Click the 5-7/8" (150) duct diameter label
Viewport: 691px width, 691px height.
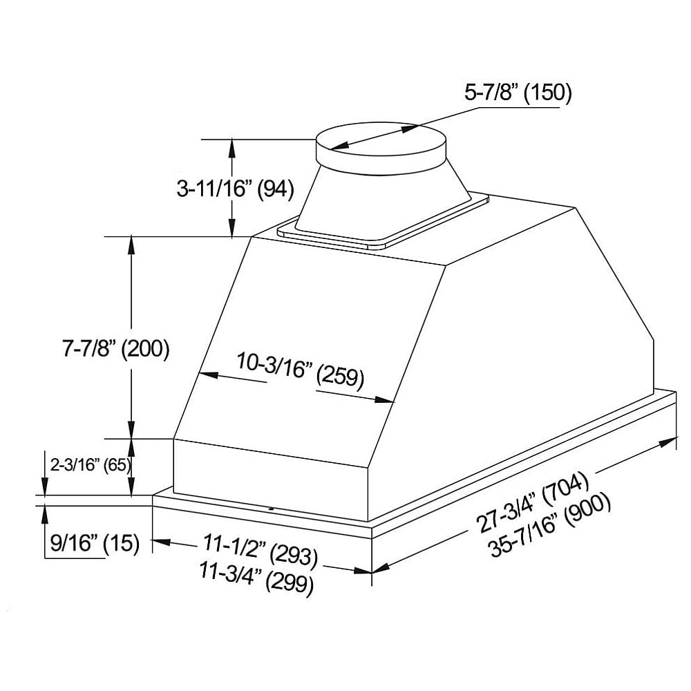pyautogui.click(x=518, y=93)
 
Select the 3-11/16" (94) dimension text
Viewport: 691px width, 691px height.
pyautogui.click(x=236, y=189)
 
